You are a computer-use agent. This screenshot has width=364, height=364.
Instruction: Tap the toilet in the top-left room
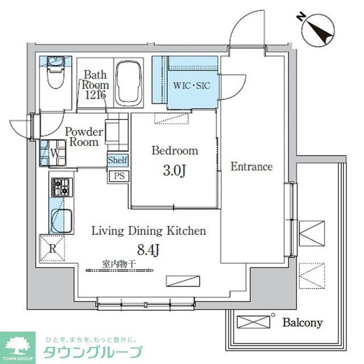[x=55, y=74]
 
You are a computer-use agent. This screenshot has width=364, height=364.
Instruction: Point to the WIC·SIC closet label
[x=192, y=86]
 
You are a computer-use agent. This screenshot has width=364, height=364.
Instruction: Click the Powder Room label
[x=84, y=137]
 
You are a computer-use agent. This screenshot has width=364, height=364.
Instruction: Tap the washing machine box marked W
[x=55, y=152]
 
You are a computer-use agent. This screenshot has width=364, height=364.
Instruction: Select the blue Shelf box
[x=118, y=160]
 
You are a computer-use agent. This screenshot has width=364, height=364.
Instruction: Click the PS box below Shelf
[x=118, y=176]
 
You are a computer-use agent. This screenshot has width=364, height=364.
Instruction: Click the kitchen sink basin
[x=59, y=218]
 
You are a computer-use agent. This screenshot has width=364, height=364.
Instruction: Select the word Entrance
[x=251, y=167]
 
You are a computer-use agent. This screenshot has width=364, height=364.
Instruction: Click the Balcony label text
[x=302, y=323]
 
